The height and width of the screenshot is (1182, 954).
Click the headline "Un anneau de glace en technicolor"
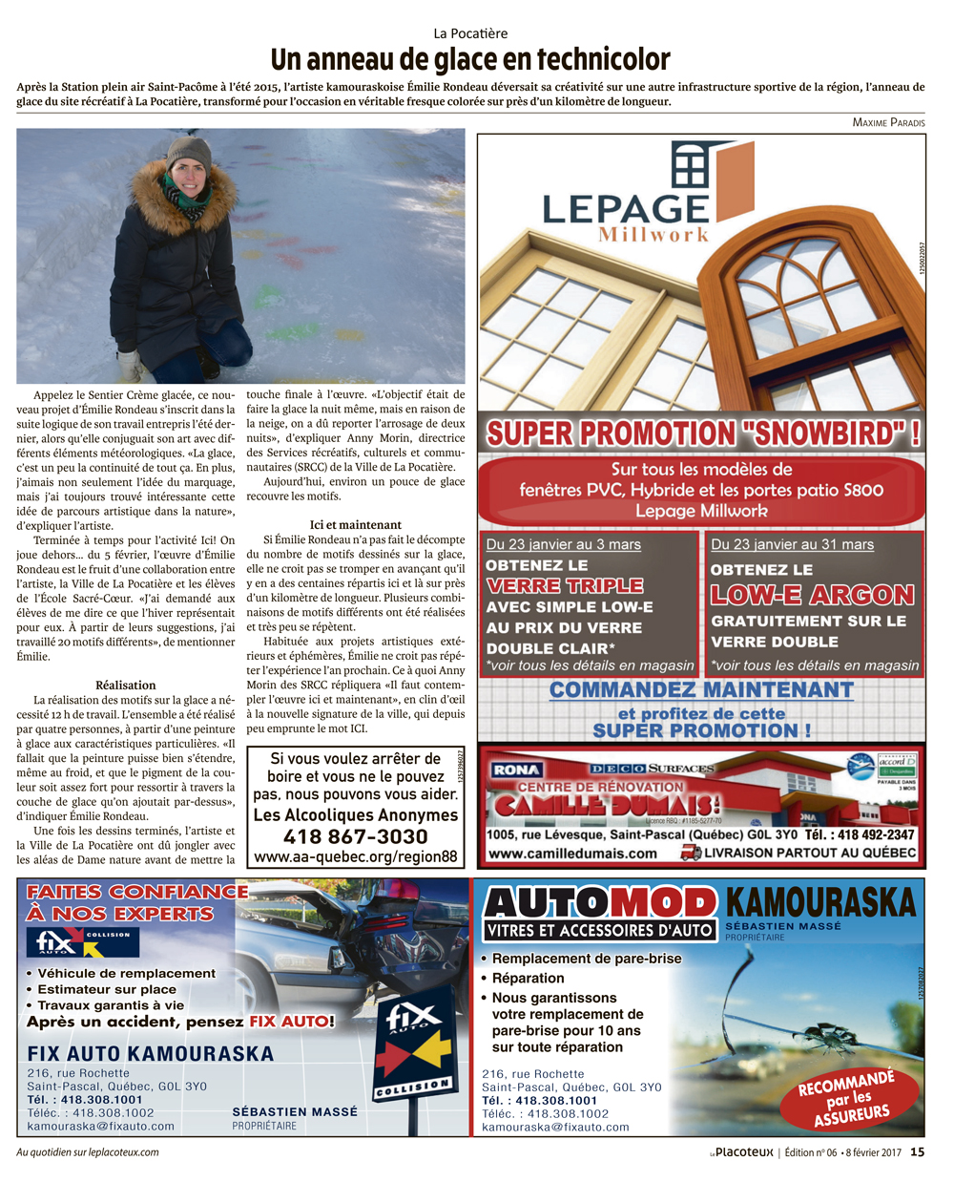pyautogui.click(x=470, y=59)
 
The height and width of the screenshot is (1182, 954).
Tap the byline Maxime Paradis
pyautogui.click(x=888, y=122)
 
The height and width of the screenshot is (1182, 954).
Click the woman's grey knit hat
pyautogui.click(x=189, y=152)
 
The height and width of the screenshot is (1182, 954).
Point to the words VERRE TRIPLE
pyautogui.click(x=564, y=585)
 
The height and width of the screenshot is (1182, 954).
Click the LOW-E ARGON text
pyautogui.click(x=812, y=595)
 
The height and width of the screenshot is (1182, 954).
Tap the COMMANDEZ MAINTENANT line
pyautogui.click(x=701, y=689)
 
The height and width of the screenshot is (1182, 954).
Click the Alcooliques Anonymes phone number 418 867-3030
pyautogui.click(x=355, y=836)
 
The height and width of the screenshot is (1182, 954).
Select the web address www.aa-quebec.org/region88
pyautogui.click(x=355, y=856)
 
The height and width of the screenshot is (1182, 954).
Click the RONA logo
pyautogui.click(x=517, y=770)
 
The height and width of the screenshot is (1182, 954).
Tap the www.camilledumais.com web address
pyautogui.click(x=572, y=854)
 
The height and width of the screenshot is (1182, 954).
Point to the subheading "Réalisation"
pyautogui.click(x=125, y=685)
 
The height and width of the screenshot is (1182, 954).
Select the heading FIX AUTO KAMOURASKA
pyautogui.click(x=150, y=1054)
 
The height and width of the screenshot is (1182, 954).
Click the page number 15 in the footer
pyautogui.click(x=917, y=1152)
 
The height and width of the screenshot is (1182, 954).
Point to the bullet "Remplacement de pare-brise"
pyautogui.click(x=587, y=959)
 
